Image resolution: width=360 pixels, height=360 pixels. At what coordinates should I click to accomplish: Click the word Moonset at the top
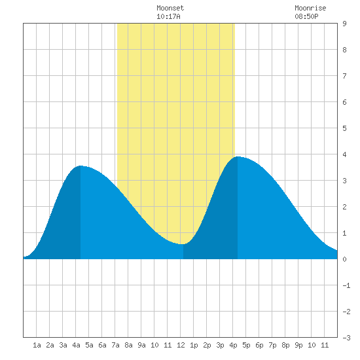pos(170,8)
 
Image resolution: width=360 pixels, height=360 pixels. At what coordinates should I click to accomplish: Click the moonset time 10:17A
pos(168,16)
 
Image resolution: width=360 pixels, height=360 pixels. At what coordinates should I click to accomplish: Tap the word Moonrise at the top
pos(310,8)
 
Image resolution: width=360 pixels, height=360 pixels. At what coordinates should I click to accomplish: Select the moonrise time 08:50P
pos(306,16)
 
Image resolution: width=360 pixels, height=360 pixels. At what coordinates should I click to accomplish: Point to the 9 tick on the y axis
pos(344,24)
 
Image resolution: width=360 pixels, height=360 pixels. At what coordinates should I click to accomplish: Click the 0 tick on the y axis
pos(344,259)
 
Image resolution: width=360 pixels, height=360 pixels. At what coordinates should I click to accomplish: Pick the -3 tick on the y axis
pos(346,338)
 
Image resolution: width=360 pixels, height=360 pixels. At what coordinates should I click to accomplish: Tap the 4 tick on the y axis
pos(344,154)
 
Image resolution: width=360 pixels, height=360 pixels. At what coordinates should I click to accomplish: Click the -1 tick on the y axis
pos(346,285)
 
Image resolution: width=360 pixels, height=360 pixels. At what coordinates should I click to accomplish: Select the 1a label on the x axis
pos(37,345)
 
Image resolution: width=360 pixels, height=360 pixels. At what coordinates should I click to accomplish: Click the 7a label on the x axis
pos(115,345)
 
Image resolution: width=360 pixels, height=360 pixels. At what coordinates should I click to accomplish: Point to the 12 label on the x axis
pos(181,345)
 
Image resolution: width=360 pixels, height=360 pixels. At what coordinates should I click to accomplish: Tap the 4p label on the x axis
pos(233,345)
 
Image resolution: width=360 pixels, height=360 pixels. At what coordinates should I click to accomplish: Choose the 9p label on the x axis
pos(298,345)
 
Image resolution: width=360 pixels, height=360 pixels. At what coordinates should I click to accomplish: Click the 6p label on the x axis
pos(259,345)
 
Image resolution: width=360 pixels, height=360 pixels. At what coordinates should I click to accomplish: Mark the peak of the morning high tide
pos(81,166)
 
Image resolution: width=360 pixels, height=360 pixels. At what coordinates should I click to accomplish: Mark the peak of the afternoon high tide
pos(238,156)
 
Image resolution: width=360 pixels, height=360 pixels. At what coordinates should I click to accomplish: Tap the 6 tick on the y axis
pos(344,102)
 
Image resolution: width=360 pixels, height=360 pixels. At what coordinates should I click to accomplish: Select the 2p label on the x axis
pos(207,345)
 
